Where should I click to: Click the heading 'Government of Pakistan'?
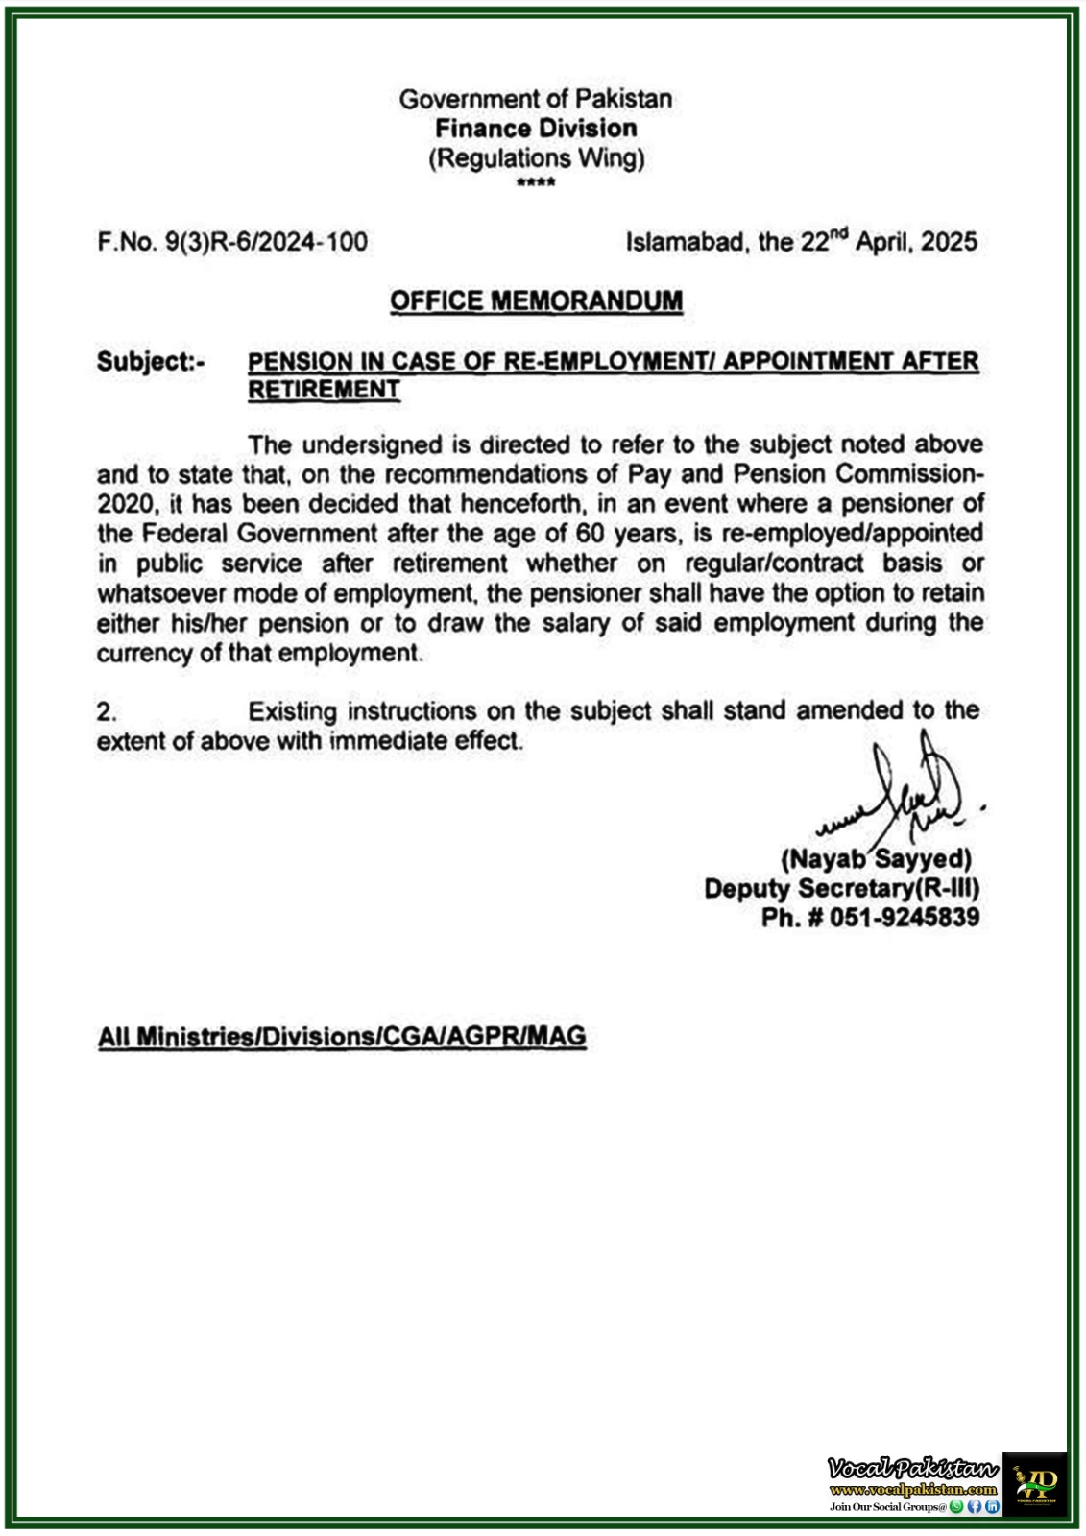point(535,99)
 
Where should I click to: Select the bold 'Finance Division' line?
point(536,129)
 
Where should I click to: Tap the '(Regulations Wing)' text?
point(536,158)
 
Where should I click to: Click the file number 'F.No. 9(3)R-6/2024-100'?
point(232,242)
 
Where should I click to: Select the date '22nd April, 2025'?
point(889,241)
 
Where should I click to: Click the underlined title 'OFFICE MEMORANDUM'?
point(536,301)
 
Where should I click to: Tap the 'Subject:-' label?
point(151,362)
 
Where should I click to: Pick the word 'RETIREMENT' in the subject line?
point(324,390)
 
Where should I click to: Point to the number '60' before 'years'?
point(590,533)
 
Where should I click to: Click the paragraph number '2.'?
point(107,712)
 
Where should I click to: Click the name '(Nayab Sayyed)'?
point(876,858)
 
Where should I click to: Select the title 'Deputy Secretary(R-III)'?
point(841,888)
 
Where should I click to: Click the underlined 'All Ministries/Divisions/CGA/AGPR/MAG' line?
point(342,1037)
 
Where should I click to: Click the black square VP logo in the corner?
point(1034,1483)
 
